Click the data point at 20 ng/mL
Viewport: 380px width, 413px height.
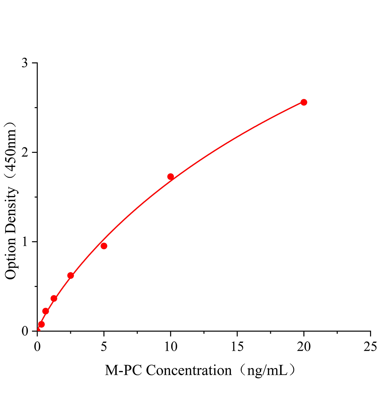(x=304, y=102)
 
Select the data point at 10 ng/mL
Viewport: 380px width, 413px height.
(x=170, y=177)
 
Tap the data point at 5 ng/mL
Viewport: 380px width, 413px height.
(x=104, y=246)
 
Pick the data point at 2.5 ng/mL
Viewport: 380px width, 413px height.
(x=71, y=275)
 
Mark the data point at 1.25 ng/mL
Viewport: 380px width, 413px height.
(x=54, y=298)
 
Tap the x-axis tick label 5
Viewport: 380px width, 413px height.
(x=104, y=347)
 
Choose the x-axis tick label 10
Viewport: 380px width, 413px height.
(x=170, y=347)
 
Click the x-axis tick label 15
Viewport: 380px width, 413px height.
(x=237, y=347)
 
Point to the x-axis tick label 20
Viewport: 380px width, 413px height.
(x=304, y=347)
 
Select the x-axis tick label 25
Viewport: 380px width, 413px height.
(x=370, y=347)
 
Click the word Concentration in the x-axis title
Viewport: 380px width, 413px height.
(x=189, y=371)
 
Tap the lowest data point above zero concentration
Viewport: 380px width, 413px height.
(x=41, y=324)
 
